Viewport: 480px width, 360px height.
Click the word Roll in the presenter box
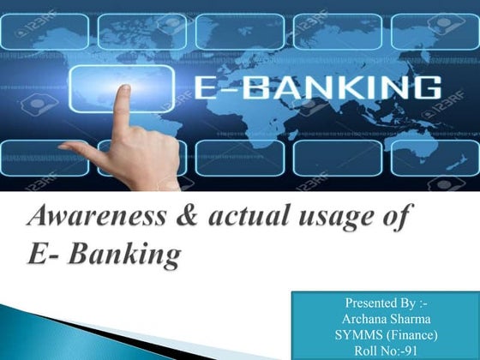click(x=366, y=349)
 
